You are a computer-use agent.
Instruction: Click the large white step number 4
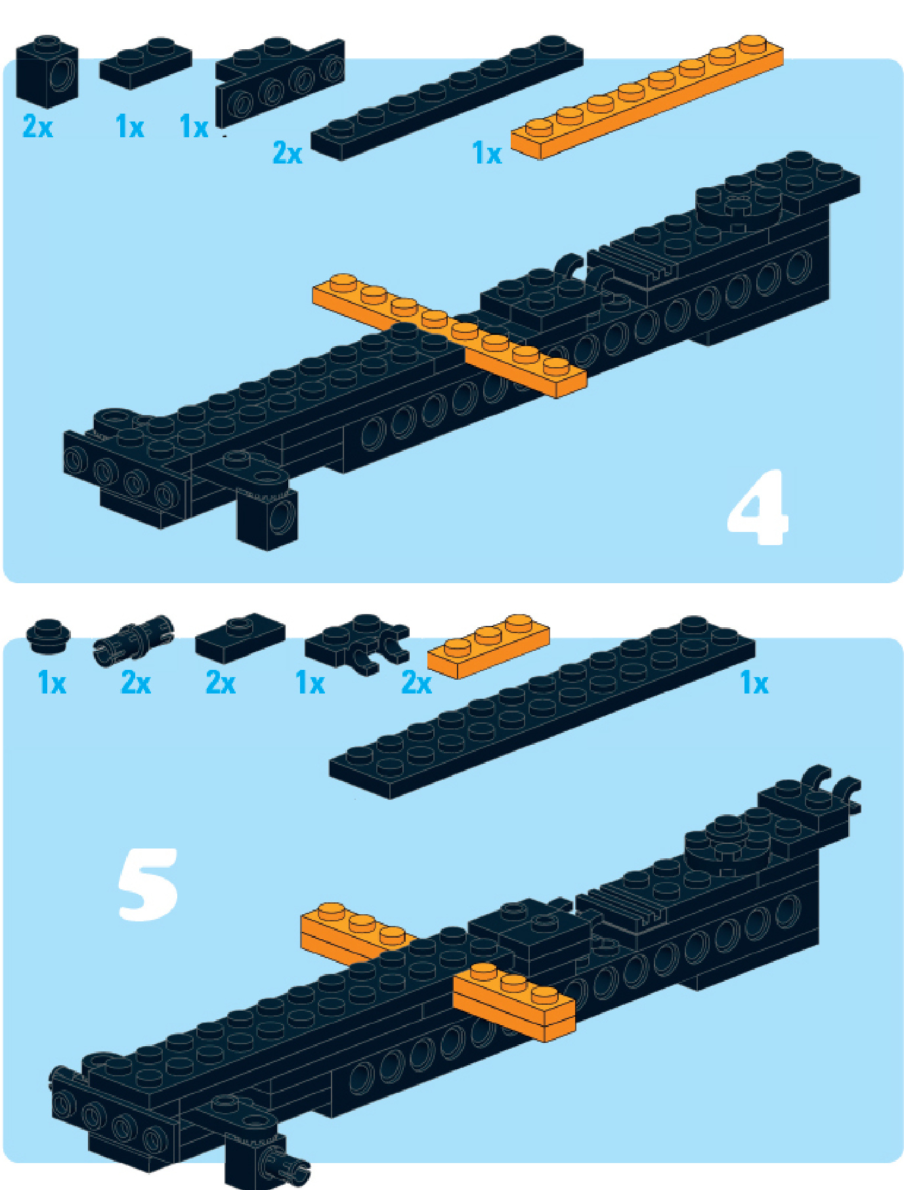point(758,508)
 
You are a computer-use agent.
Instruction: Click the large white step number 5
point(148,884)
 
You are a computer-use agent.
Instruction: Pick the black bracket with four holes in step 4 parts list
point(280,83)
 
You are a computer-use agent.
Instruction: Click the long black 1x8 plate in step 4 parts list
point(446,98)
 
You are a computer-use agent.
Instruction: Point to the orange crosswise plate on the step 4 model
point(448,335)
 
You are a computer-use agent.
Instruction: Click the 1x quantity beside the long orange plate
point(486,153)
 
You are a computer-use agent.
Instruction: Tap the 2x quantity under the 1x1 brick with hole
point(37,125)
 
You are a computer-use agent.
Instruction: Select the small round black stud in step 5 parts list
point(49,635)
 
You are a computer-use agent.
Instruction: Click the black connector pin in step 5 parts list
point(134,640)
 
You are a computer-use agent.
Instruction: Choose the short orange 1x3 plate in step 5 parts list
point(488,646)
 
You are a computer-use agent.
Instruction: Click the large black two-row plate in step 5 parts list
point(542,707)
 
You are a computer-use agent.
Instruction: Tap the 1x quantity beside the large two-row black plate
point(754,683)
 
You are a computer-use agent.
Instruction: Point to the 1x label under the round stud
point(52,683)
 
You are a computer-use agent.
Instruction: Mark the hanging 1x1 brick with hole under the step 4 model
point(267,518)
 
